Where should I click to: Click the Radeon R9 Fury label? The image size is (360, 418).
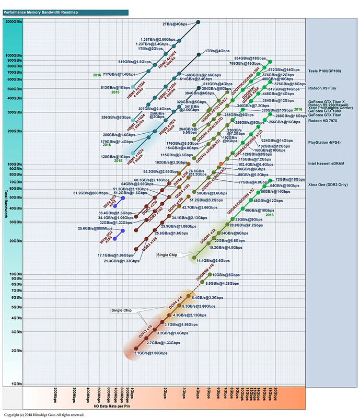[323, 89]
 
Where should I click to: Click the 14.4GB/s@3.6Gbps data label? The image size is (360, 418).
[213, 260]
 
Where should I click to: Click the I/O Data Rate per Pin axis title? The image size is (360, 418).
[115, 405]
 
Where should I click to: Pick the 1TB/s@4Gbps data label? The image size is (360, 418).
[218, 51]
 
